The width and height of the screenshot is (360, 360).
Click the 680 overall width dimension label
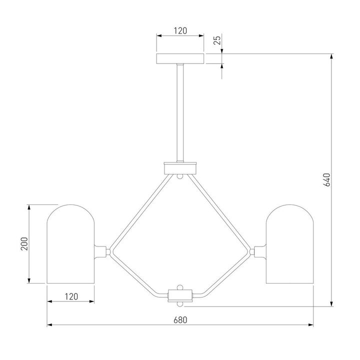click(180, 320)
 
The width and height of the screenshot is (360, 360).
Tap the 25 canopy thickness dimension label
click(217, 40)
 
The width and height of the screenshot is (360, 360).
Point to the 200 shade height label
click(24, 244)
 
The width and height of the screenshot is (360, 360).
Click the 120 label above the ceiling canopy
click(180, 31)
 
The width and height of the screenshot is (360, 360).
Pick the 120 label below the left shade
click(71, 296)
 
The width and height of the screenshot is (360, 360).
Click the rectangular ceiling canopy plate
click(180, 59)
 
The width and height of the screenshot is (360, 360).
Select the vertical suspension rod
click(180, 113)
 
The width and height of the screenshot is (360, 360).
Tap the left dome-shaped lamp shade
click(70, 244)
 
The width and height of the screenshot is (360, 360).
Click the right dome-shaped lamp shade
click(289, 244)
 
